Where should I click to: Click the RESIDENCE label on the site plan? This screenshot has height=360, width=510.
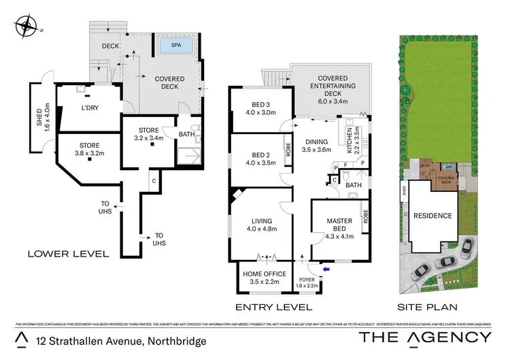tap(432, 216)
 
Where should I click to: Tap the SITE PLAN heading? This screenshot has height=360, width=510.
tap(428, 307)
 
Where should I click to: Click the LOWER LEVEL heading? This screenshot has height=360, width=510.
tap(68, 254)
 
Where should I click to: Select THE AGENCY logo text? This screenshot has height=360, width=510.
tap(424, 337)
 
